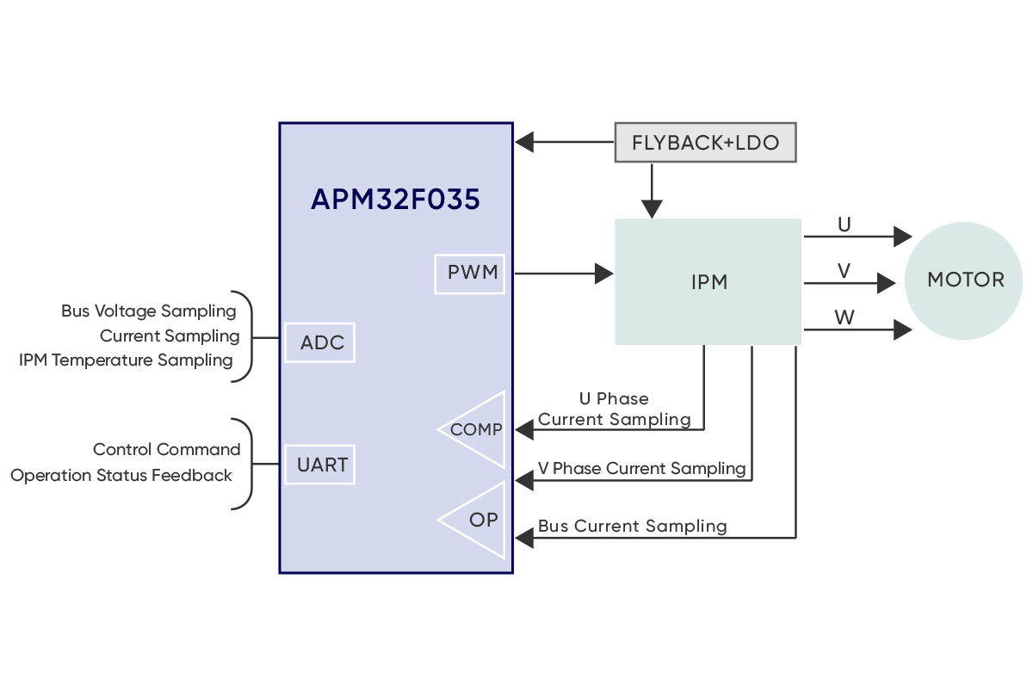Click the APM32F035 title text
(x=395, y=200)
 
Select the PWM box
(x=470, y=274)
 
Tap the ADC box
(x=320, y=343)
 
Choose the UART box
(x=320, y=465)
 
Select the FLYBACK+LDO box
(x=705, y=143)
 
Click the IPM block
(x=708, y=282)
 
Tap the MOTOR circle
(x=964, y=280)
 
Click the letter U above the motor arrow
(x=844, y=225)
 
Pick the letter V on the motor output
(x=844, y=271)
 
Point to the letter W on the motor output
(x=844, y=317)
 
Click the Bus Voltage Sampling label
(x=148, y=311)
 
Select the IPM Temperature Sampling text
(x=126, y=360)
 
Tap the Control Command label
(x=166, y=449)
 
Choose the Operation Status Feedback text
(x=121, y=475)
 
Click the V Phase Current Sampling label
(x=641, y=468)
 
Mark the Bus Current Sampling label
(x=632, y=526)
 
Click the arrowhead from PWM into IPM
(x=604, y=274)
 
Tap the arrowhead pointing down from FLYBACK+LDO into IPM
(x=652, y=208)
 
